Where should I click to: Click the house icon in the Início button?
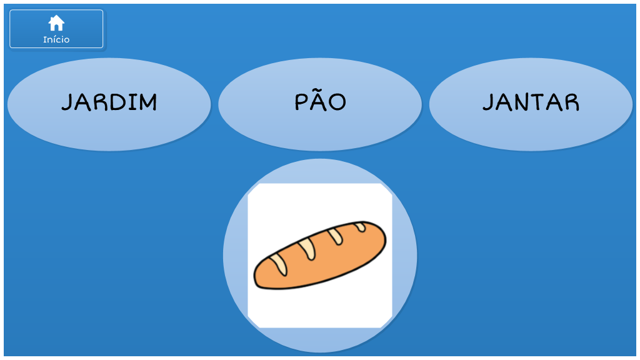(x=56, y=23)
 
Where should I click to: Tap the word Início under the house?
(x=56, y=39)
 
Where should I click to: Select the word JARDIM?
(x=109, y=102)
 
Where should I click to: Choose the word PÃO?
(x=320, y=102)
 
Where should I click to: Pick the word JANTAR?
(x=531, y=102)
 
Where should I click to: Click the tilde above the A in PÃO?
(x=320, y=91)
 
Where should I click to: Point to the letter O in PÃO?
(x=337, y=103)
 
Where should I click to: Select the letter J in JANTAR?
(x=489, y=102)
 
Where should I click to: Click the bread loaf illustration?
(x=320, y=255)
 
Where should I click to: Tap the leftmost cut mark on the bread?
(x=279, y=264)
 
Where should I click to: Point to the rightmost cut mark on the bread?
(x=360, y=226)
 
